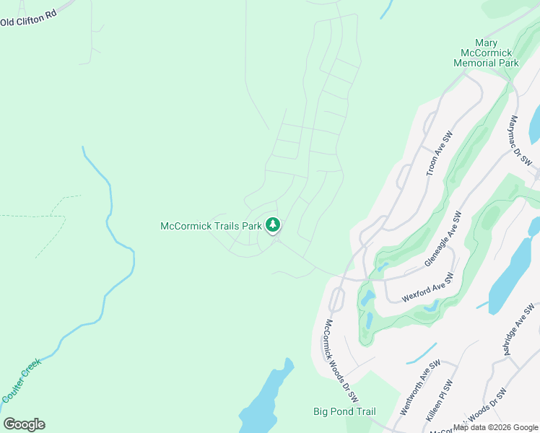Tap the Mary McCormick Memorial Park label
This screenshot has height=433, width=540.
(486, 53)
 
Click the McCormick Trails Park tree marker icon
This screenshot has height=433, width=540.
(272, 225)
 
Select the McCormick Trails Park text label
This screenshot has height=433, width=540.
(210, 226)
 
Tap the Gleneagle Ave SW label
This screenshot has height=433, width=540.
(443, 240)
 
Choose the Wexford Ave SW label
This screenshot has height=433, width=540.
(427, 283)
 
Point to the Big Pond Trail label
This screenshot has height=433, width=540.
(344, 411)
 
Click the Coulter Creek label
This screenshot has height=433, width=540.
(22, 380)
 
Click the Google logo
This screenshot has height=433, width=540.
(24, 424)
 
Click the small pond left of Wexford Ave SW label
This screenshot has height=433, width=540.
(367, 297)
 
